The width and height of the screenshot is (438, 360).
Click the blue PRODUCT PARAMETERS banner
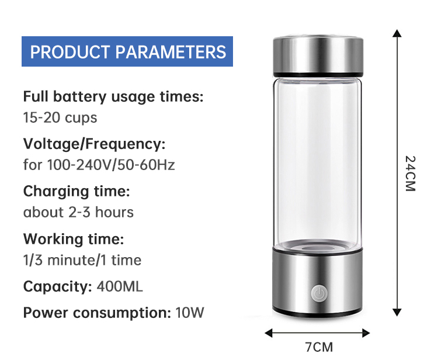[x=127, y=51]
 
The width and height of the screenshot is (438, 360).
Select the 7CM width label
[x=318, y=347]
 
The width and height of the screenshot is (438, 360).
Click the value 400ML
[x=120, y=286]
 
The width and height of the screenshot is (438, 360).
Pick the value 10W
[x=190, y=313]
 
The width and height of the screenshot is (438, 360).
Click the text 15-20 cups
[x=60, y=117]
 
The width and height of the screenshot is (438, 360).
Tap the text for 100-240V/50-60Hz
[x=99, y=165]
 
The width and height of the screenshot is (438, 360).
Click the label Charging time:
[x=77, y=191]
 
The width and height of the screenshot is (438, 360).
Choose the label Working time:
[x=74, y=238]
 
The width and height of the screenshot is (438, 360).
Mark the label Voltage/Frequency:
[x=95, y=144]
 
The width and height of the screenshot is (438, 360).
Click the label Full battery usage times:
[x=113, y=96]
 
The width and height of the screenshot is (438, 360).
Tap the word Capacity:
[x=57, y=286]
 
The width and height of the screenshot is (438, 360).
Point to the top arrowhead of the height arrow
[x=397, y=34]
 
